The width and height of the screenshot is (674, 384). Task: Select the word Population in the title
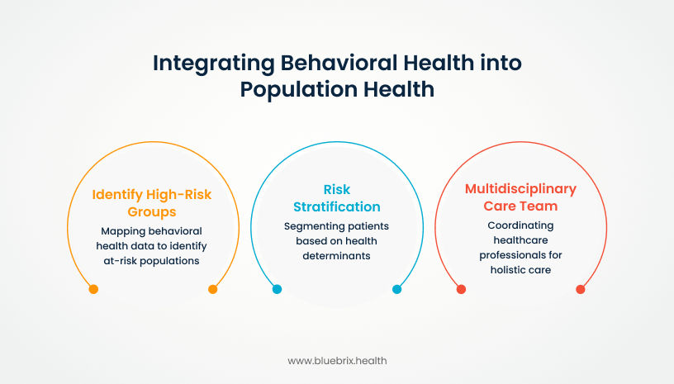pos(299,90)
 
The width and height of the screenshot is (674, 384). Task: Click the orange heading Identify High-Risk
pos(152,195)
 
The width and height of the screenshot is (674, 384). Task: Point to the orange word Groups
pos(152,212)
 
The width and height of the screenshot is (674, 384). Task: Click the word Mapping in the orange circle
pos(121,231)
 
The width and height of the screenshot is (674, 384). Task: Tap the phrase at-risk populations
pos(151,261)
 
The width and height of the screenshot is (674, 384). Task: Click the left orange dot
pos(93,289)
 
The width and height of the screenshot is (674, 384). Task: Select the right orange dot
pos(213,289)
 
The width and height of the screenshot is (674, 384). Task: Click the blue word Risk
pos(337,189)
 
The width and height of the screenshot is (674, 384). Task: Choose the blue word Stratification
pos(337,207)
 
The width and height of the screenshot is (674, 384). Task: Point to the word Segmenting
pos(311,226)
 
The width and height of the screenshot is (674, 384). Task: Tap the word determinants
pos(336,256)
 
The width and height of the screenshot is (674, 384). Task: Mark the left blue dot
pos(278,289)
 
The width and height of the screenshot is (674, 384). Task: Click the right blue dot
pos(396,289)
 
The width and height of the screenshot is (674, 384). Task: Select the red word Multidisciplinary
pos(520,189)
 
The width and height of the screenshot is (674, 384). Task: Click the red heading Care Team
pos(520,206)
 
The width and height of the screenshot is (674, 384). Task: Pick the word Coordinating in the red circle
pos(520,225)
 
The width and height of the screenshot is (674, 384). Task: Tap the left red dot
pos(461,289)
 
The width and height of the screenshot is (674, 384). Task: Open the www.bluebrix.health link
pos(337,361)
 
